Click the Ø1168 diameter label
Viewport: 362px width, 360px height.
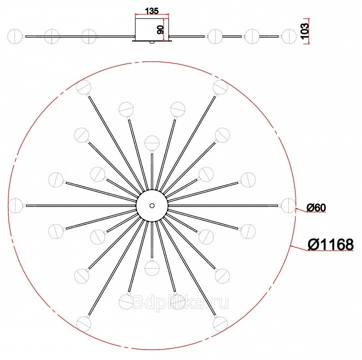330,244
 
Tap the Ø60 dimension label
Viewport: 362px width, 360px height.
316,208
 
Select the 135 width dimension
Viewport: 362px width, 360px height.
151,11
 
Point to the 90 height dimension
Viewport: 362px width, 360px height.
160,29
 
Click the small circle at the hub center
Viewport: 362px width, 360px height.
151,205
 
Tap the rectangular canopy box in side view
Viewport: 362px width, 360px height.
151,30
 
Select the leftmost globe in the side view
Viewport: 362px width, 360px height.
15,36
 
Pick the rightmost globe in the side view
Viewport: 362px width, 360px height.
288,36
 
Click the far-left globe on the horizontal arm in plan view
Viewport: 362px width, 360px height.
16,205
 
